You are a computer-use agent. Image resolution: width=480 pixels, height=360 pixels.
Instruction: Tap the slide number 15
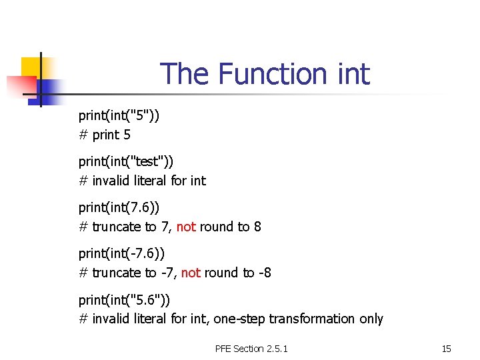point(447,349)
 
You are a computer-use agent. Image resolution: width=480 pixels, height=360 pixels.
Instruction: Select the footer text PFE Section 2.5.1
point(251,349)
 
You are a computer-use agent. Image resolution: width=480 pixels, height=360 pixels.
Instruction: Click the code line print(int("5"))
point(119,115)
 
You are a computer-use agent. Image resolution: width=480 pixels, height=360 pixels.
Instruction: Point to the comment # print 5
point(105,135)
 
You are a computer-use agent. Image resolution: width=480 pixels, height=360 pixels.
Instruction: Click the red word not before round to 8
point(186,227)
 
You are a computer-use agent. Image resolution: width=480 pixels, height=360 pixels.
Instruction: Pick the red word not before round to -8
point(191,273)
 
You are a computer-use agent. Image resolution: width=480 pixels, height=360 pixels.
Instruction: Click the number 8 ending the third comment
point(257,227)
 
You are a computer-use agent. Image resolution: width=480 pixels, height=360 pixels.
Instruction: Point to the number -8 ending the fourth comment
point(265,273)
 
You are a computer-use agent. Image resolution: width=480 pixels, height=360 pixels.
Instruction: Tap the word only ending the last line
point(371,319)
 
